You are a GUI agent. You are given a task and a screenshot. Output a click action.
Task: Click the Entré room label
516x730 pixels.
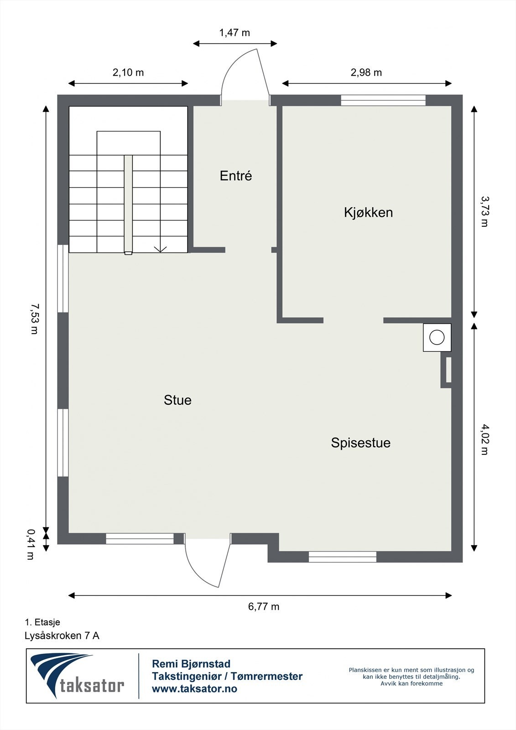[x=235, y=176]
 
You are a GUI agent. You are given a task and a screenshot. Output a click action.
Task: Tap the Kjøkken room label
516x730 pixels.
[x=368, y=212]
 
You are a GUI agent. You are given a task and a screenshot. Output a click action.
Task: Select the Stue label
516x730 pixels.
[x=177, y=400]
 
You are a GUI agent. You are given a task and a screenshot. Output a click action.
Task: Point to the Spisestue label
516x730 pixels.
[x=360, y=443]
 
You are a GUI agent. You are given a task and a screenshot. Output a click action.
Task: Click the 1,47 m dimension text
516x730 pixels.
[x=235, y=33]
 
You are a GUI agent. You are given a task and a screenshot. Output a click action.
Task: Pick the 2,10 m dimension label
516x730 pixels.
[x=128, y=73]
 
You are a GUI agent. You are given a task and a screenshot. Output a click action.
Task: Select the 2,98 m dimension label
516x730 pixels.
[x=366, y=73]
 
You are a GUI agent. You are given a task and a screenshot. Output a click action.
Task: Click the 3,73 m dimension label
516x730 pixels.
[x=484, y=211]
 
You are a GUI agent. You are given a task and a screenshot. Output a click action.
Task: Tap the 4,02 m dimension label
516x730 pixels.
[x=484, y=439]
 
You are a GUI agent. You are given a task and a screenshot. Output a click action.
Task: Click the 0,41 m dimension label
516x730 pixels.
[x=31, y=544]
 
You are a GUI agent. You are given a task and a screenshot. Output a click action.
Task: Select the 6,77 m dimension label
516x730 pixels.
[x=264, y=606]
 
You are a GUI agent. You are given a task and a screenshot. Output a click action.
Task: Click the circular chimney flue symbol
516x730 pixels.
[x=437, y=338]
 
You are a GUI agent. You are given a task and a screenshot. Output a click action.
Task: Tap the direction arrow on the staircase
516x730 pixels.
[x=160, y=249]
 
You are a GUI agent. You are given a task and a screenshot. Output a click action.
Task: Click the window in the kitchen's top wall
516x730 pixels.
[x=383, y=100]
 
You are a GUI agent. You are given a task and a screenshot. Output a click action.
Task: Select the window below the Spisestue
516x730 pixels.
[x=342, y=557]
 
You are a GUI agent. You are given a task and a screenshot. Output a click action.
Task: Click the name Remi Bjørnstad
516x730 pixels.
[x=191, y=664]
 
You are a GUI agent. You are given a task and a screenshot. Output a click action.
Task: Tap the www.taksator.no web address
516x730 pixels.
[x=194, y=689]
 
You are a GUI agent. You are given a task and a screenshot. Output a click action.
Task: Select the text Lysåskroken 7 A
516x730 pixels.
[x=62, y=636]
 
